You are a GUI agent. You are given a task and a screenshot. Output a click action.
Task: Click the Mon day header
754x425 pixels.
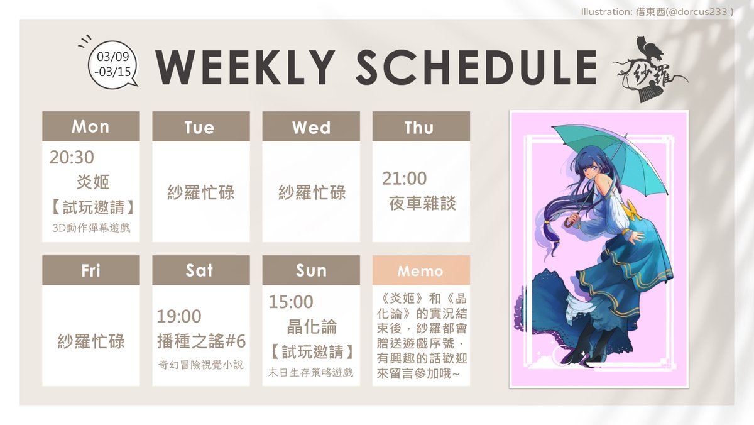90,126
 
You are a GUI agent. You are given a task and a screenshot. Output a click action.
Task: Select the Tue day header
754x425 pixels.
200,127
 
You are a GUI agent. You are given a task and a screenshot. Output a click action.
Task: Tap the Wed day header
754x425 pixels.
311,127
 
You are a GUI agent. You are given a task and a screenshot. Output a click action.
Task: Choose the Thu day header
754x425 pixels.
420,127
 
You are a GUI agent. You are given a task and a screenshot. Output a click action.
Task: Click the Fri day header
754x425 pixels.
90,270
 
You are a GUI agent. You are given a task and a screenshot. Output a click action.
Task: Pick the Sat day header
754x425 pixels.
200,270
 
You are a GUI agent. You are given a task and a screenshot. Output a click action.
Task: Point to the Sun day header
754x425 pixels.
311,270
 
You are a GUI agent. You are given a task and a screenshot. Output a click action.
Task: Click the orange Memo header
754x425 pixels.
420,271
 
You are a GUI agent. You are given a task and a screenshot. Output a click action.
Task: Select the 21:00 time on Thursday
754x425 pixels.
404,179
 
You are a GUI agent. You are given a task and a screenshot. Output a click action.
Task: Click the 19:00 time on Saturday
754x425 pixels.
179,316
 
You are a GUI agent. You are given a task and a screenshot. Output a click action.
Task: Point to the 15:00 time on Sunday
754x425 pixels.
290,302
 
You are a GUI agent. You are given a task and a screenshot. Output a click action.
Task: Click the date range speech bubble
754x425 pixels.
114,64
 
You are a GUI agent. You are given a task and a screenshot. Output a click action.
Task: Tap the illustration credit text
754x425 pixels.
657,11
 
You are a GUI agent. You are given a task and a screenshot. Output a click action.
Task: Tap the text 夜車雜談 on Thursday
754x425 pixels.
422,203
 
